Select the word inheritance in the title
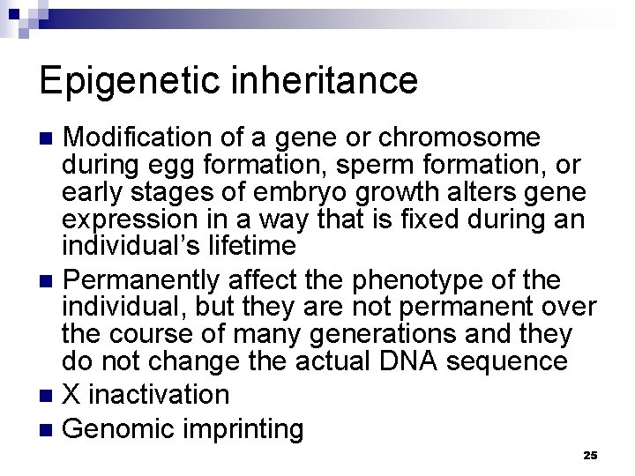pyautogui.click(x=326, y=81)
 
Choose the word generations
pyautogui.click(x=392, y=336)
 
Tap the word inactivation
pyautogui.click(x=161, y=393)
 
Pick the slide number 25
pyautogui.click(x=590, y=455)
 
